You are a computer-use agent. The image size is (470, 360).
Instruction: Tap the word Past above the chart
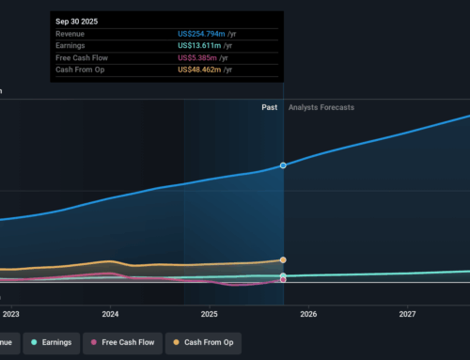(270, 108)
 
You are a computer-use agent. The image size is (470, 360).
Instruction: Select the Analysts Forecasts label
(321, 108)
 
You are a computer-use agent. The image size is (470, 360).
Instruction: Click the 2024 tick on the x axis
(110, 314)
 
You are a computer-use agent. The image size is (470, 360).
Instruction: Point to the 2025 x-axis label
(209, 314)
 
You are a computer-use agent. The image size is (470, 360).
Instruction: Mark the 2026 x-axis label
(308, 314)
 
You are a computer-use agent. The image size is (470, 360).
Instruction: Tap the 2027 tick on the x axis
(407, 314)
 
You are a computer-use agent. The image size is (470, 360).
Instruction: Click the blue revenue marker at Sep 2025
(283, 165)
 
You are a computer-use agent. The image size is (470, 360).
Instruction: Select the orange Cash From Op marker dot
(283, 260)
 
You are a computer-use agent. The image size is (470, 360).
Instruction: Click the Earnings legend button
(52, 342)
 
